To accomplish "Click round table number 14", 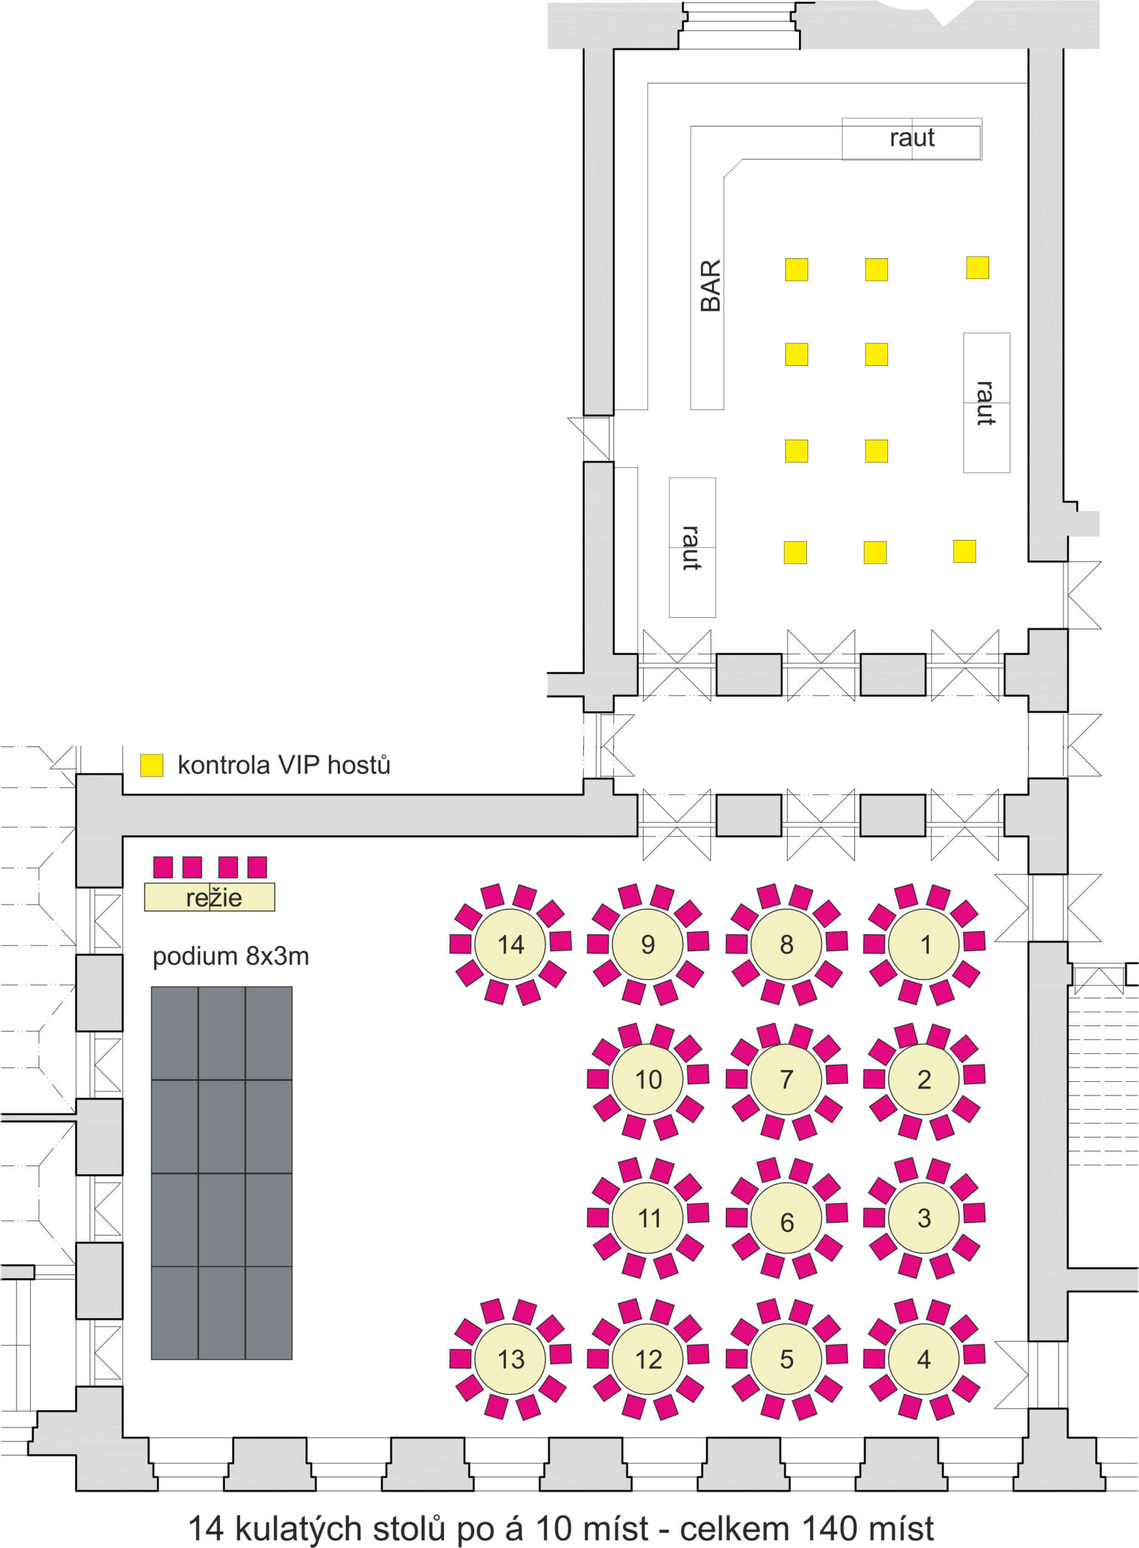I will pyautogui.click(x=510, y=945).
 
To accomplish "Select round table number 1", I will pyautogui.click(x=924, y=945).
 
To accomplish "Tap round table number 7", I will pyautogui.click(x=786, y=1079).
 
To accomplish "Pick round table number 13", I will pyautogui.click(x=510, y=1359).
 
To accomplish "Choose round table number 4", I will pyautogui.click(x=924, y=1359).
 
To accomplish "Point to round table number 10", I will pyautogui.click(x=648, y=1079).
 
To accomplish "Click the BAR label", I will pyautogui.click(x=710, y=285).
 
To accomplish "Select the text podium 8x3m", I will pyautogui.click(x=230, y=957).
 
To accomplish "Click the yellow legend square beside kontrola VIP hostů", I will pyautogui.click(x=152, y=765).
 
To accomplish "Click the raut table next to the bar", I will pyautogui.click(x=912, y=138).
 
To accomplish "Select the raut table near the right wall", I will pyautogui.click(x=987, y=403).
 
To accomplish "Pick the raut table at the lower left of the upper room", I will pyautogui.click(x=692, y=547).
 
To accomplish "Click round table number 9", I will pyautogui.click(x=648, y=945).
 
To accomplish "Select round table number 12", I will pyautogui.click(x=648, y=1359).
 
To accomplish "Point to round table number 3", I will pyautogui.click(x=924, y=1218).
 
